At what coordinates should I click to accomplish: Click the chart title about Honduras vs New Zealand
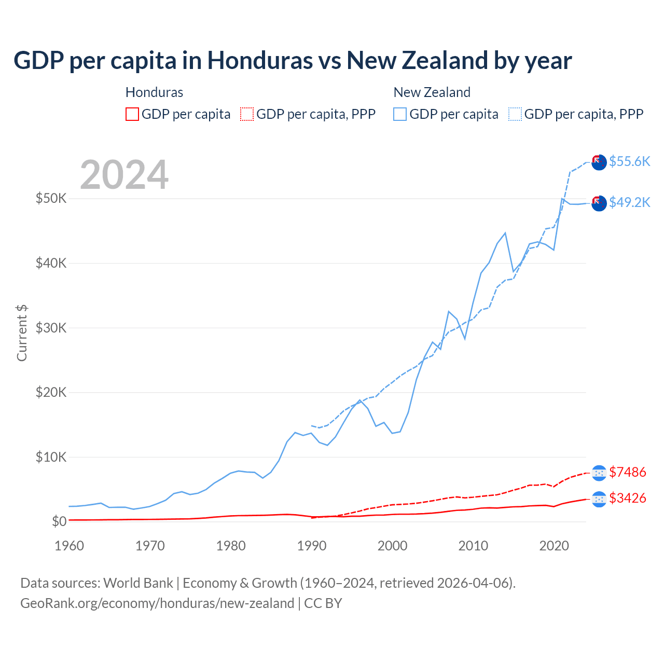pyautogui.click(x=293, y=61)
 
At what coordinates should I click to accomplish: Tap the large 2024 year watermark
pyautogui.click(x=124, y=175)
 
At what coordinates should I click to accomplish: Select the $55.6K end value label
pyautogui.click(x=629, y=161)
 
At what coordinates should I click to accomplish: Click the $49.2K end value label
pyautogui.click(x=629, y=202)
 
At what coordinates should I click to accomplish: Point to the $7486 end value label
pyautogui.click(x=627, y=472)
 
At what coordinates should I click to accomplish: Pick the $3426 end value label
pyautogui.click(x=627, y=498)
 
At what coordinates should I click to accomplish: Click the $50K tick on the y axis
pyautogui.click(x=51, y=198)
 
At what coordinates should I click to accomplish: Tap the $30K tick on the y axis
pyautogui.click(x=51, y=328)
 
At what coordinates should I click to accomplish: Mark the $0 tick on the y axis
pyautogui.click(x=59, y=521)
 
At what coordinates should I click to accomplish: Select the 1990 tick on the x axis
pyautogui.click(x=312, y=546)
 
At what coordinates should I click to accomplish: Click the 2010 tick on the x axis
pyautogui.click(x=474, y=546)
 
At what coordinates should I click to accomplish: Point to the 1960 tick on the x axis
pyautogui.click(x=69, y=546)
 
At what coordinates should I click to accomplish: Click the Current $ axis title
pyautogui.click(x=22, y=333)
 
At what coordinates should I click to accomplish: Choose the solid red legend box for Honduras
pyautogui.click(x=132, y=114)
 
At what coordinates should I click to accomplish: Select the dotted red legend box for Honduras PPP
pyautogui.click(x=247, y=114)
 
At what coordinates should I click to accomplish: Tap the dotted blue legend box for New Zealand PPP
pyautogui.click(x=515, y=114)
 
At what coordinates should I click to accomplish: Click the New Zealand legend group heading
pyautogui.click(x=432, y=92)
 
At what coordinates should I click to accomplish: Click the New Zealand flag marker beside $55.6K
pyautogui.click(x=599, y=162)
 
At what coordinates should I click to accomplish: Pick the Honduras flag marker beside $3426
pyautogui.click(x=599, y=499)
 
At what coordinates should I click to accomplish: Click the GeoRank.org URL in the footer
pyautogui.click(x=157, y=603)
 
